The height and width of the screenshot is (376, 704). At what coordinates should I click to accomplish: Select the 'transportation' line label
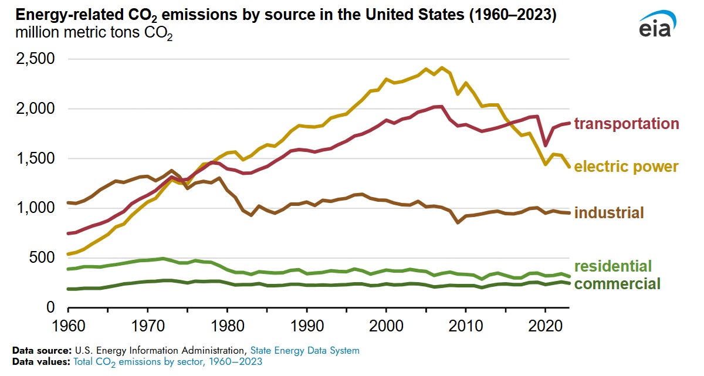[x=626, y=124]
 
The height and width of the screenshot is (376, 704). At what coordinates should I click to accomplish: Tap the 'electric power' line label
[x=626, y=167]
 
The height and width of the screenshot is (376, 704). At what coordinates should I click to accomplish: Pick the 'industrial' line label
[x=609, y=212]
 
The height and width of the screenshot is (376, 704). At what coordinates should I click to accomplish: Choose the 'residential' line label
[x=613, y=266]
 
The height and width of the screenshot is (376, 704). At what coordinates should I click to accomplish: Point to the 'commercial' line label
[x=617, y=284]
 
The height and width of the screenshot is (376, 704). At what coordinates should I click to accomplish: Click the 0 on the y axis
[x=50, y=307]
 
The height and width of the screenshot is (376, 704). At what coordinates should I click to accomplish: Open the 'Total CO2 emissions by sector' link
[x=168, y=361]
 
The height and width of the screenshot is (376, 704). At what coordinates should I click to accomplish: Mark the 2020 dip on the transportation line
[x=546, y=145]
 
